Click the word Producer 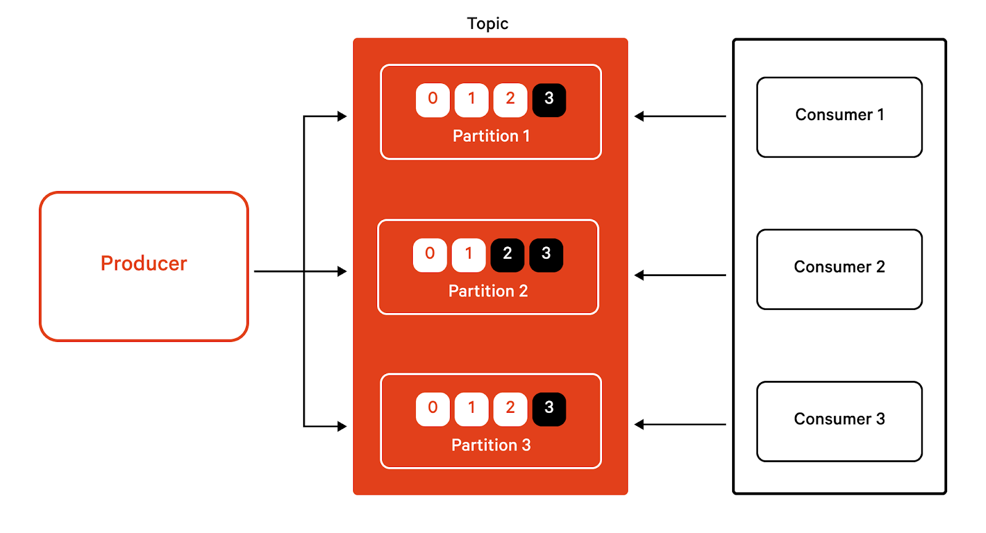[144, 264]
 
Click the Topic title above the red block [487, 23]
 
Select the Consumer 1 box [839, 116]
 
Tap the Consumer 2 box [839, 269]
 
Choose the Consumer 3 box [839, 421]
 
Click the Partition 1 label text [491, 136]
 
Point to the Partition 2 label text [488, 291]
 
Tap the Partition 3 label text [491, 445]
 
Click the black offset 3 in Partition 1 [549, 100]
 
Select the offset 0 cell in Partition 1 [433, 100]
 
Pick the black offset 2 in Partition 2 [507, 254]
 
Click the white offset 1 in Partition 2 [468, 254]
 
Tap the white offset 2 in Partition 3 [510, 409]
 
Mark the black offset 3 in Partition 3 [549, 409]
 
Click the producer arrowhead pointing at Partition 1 [342, 116]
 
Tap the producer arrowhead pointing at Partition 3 [342, 426]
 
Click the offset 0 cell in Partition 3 [433, 409]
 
